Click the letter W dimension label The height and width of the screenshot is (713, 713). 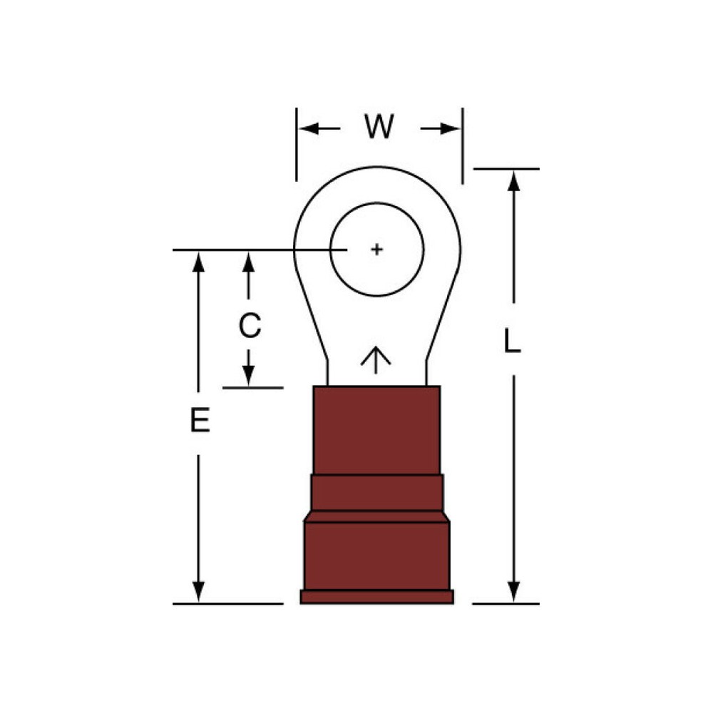click(379, 127)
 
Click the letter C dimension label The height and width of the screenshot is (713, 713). click(250, 326)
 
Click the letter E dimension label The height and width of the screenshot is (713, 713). click(200, 420)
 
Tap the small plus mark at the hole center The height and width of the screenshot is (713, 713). click(376, 249)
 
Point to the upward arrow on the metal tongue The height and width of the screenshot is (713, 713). click(376, 359)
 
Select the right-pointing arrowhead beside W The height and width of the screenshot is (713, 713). click(450, 128)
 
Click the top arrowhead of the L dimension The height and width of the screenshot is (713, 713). click(513, 181)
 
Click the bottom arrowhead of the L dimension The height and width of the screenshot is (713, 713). click(513, 592)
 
